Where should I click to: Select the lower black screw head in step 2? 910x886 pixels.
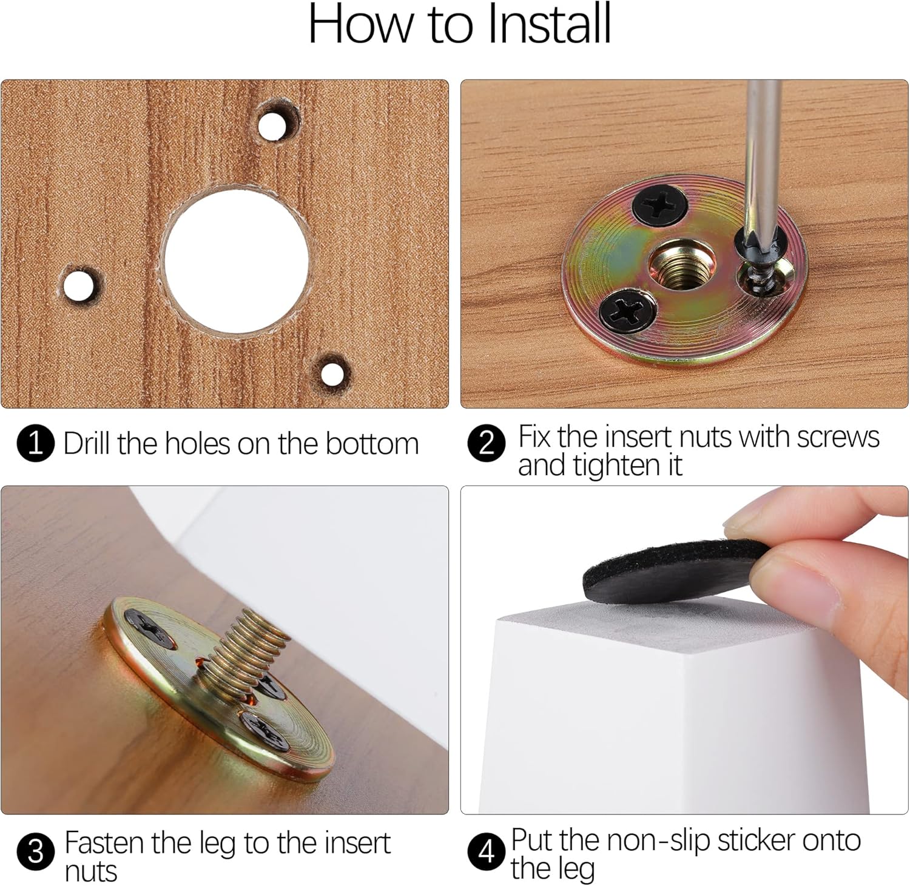(628, 311)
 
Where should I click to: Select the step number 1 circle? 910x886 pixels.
(36, 444)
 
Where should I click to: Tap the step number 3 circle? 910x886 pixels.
(36, 851)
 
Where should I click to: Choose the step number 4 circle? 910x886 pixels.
(487, 851)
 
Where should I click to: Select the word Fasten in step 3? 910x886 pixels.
(105, 843)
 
